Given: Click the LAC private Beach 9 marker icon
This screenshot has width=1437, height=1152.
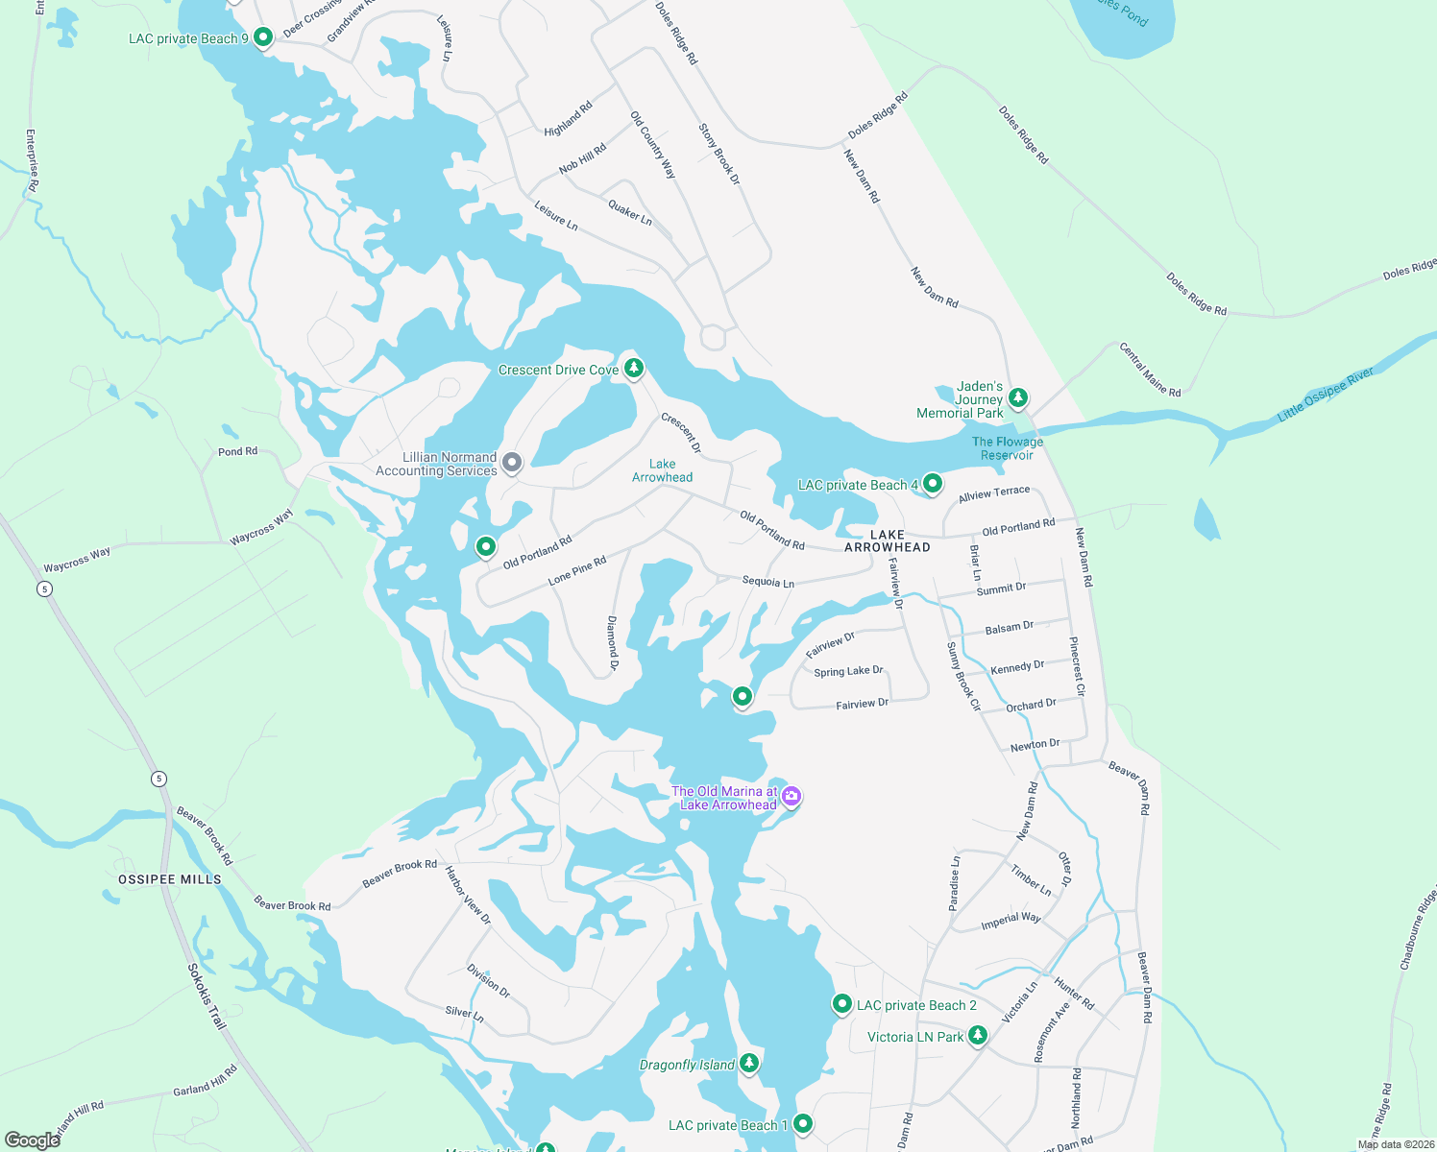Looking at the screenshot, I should point(263,36).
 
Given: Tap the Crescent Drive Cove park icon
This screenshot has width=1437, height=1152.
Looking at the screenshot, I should point(633,368).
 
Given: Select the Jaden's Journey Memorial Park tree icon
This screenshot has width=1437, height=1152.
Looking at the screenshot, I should point(1018,397).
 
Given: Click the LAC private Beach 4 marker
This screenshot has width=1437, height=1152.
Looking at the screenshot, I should point(932,484).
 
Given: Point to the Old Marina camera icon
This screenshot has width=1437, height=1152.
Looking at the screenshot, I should point(792,796).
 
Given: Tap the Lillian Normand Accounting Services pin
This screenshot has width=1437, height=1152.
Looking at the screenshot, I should point(512,463).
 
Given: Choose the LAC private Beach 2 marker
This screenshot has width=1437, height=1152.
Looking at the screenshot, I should point(841,1004).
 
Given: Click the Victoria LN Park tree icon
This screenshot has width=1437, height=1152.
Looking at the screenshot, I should point(978,1035).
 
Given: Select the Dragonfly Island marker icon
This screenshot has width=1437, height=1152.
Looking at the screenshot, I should point(749,1063).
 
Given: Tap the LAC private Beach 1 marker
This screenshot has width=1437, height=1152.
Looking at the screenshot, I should point(803,1123).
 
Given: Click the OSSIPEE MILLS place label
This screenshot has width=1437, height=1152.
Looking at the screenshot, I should point(170,879).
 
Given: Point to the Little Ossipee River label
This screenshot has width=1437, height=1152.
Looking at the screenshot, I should point(1325,395).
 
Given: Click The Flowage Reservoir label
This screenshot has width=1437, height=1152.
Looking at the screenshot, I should point(1007,448).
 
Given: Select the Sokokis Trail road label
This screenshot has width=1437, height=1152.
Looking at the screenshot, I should point(207,996).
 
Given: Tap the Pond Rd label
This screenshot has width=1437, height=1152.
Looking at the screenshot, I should point(237,451).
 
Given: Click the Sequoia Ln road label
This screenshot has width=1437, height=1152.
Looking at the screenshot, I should point(767,582).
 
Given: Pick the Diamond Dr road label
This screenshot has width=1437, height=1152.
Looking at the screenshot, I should point(613,642).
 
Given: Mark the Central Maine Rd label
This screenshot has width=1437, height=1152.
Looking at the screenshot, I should point(1150,370).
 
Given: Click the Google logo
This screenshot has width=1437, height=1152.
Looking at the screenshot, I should point(32,1140).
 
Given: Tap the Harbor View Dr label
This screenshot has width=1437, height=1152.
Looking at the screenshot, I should point(468,895).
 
